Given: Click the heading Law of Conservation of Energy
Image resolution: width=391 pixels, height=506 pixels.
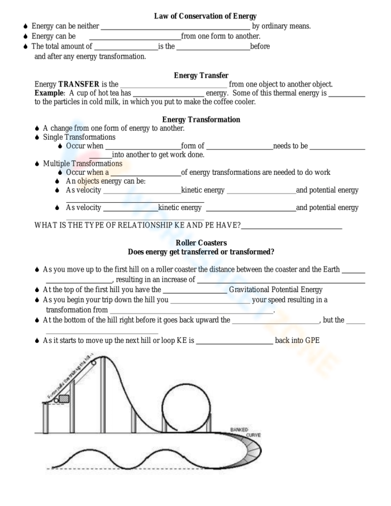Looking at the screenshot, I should pyautogui.click(x=205, y=16).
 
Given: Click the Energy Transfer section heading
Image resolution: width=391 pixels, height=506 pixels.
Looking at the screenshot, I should pyautogui.click(x=201, y=75).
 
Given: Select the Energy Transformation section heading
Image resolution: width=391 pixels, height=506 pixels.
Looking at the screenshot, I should pyautogui.click(x=201, y=120).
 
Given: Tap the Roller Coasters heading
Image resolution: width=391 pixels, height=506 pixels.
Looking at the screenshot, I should pyautogui.click(x=201, y=243).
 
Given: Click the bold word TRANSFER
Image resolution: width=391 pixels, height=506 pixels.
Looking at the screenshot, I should pyautogui.click(x=79, y=84).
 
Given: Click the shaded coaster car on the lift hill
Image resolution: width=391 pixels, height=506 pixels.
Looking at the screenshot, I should pyautogui.click(x=64, y=399).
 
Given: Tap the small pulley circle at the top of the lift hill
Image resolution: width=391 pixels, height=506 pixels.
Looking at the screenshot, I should pyautogui.click(x=93, y=362).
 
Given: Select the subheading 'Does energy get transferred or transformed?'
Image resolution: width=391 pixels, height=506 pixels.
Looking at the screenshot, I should pyautogui.click(x=201, y=252).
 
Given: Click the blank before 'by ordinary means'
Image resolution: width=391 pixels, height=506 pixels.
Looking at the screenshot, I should pyautogui.click(x=175, y=26).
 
